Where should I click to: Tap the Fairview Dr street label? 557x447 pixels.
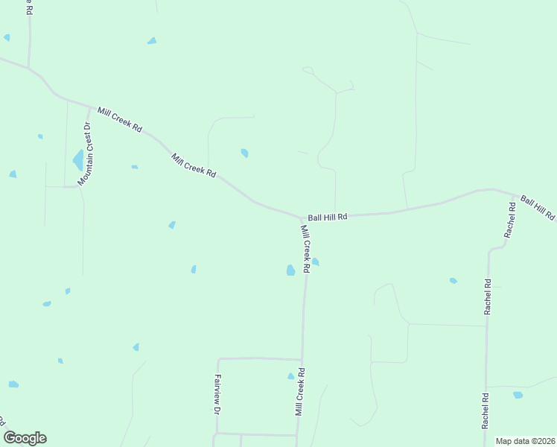pos(217,394)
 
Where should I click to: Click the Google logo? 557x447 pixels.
pos(25,438)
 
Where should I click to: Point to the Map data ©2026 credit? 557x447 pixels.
pos(525,441)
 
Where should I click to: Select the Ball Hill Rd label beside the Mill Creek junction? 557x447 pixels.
pos(328,218)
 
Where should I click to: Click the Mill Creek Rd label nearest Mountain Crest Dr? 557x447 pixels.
pos(119,119)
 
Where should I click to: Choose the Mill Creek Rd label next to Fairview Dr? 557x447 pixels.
pos(299,391)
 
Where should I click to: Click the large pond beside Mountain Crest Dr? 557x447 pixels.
pos(78,160)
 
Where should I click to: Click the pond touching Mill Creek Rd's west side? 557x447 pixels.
pos(290,270)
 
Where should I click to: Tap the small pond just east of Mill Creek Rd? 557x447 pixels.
pos(316,261)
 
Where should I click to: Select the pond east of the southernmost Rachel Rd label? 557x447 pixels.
pos(518,395)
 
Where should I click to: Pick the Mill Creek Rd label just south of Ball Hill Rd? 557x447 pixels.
pos(305,248)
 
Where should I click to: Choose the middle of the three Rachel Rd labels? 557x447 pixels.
pos(488,297)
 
